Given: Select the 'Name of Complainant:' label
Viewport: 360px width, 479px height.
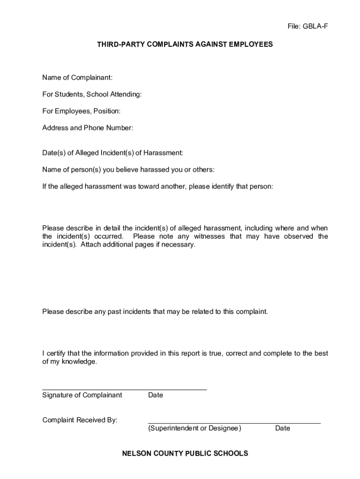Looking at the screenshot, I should (x=77, y=77).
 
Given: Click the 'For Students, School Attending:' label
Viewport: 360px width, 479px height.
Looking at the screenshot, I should (x=92, y=94).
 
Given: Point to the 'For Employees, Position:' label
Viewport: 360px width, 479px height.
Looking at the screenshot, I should (x=81, y=111).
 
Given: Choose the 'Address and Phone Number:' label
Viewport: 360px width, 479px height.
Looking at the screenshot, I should (x=88, y=128).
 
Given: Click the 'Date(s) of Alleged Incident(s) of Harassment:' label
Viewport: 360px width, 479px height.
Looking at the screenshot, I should (x=113, y=152).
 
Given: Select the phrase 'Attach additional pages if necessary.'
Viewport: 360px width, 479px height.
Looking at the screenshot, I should (x=138, y=245).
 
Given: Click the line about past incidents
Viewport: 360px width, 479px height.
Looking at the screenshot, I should (x=155, y=311).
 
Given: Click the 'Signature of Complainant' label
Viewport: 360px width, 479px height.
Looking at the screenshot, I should (x=82, y=395).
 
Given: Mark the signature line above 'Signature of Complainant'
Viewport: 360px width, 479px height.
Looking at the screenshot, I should (x=124, y=390).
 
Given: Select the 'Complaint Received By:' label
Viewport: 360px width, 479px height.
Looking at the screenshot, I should (x=80, y=420).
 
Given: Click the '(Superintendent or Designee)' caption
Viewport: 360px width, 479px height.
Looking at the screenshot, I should (x=194, y=428).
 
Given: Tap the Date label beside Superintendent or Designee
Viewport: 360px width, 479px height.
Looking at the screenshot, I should (x=282, y=428).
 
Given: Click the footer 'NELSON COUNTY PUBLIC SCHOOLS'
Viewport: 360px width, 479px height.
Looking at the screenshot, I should (x=185, y=453).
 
